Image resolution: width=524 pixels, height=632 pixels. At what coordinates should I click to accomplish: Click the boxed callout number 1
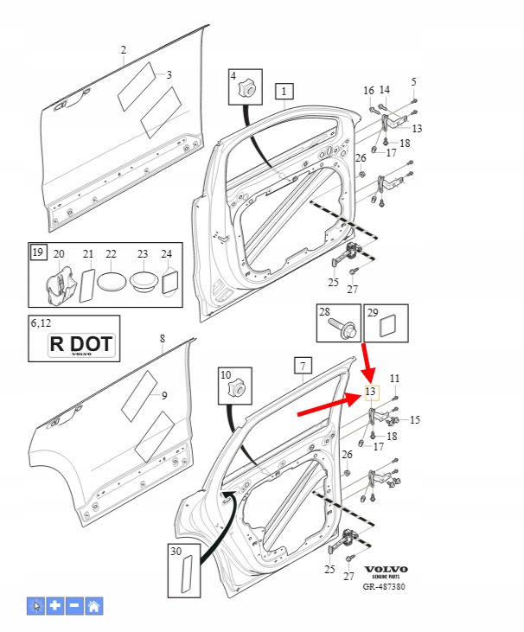point(284,90)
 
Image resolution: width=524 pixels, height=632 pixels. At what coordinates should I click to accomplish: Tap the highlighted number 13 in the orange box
point(371,393)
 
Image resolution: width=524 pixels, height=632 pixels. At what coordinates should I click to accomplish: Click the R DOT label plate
point(80,344)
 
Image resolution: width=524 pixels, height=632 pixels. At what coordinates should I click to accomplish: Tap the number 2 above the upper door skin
point(123,50)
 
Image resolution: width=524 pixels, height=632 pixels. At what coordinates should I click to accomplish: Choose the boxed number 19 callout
point(37,252)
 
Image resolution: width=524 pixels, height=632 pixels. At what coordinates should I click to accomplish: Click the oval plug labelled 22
point(112,282)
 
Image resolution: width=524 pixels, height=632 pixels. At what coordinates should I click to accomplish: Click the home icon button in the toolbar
point(94,605)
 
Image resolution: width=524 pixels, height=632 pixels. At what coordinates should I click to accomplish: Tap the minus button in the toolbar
point(75,605)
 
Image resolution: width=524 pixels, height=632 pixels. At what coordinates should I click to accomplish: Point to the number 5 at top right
point(413,81)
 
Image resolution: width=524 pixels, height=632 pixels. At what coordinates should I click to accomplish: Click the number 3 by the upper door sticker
point(169,75)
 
